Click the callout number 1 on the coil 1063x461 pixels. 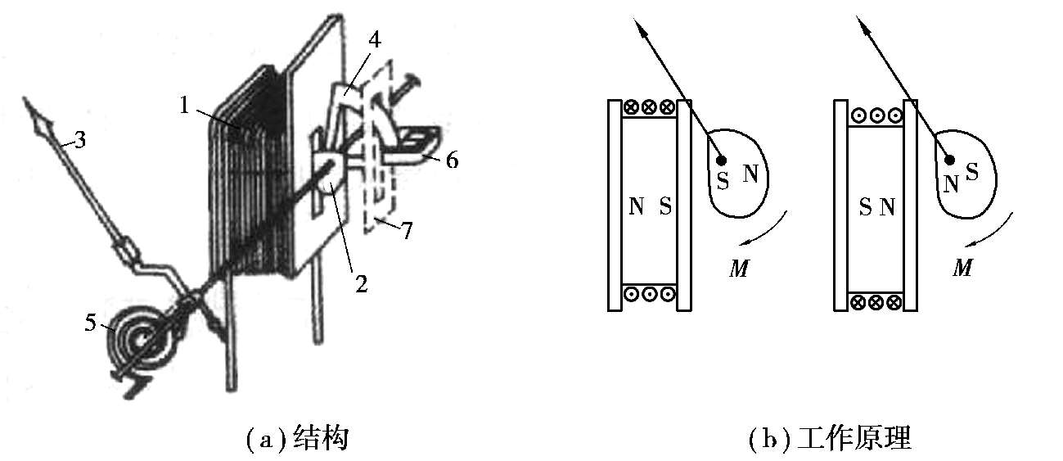187,106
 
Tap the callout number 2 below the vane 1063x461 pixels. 360,283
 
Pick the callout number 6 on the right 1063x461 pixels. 450,160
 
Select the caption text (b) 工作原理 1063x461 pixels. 828,440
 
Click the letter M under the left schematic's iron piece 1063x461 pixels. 739,269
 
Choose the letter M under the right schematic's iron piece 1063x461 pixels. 963,269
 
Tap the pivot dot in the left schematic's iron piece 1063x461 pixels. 721,160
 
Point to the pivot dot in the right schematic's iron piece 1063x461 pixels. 949,160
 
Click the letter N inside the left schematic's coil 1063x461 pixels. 636,206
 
